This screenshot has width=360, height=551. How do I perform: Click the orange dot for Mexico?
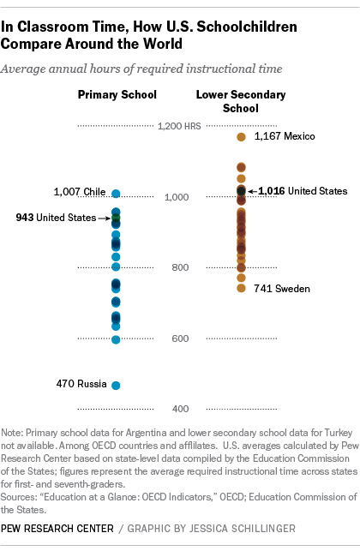tap(241, 136)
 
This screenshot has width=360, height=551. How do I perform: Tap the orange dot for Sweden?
tap(241, 288)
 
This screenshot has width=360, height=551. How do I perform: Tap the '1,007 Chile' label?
tap(80, 192)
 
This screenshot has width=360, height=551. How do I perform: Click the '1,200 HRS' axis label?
tap(177, 126)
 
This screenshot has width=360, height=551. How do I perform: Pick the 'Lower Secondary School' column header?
tap(241, 100)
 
